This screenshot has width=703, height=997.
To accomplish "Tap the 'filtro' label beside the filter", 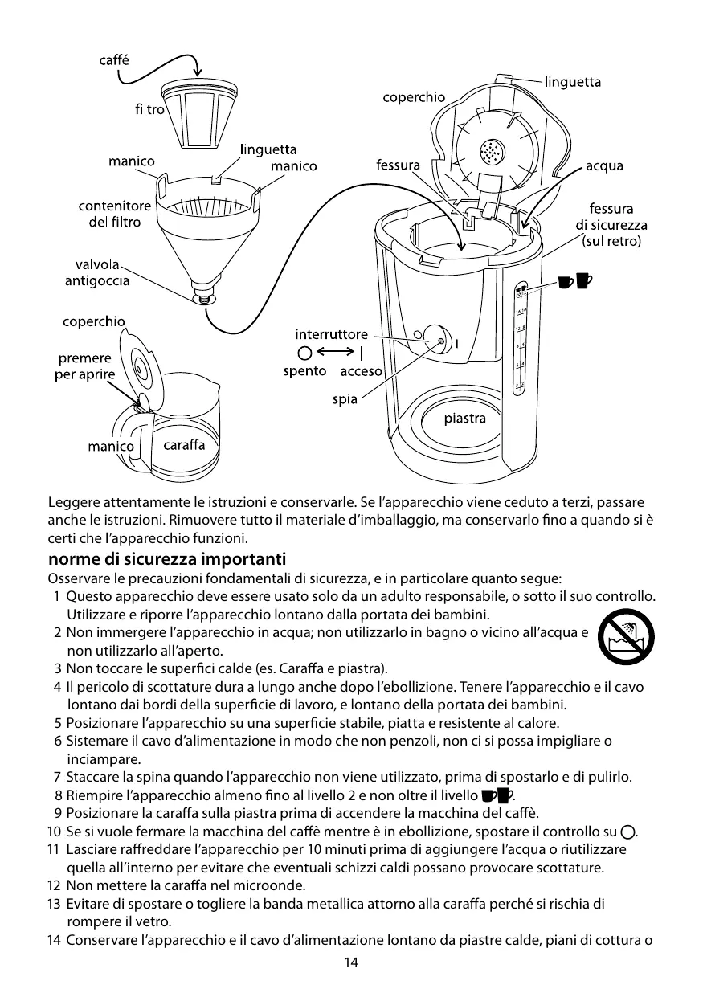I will [149, 109].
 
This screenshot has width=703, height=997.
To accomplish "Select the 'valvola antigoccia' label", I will [96, 272].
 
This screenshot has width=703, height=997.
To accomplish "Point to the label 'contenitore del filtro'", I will [114, 214].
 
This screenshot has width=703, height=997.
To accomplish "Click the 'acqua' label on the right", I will [604, 166].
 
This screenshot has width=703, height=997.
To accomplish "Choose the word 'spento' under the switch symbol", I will [304, 371].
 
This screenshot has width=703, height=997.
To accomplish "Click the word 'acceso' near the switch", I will [361, 372].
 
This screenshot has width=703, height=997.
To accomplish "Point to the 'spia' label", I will [345, 400].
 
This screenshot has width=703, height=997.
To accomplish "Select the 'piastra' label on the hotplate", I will [465, 419].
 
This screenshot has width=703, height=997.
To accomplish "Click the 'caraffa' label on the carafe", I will [184, 444].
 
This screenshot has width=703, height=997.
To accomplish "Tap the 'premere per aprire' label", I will [84, 366].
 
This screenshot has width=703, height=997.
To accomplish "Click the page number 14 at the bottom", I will [351, 962].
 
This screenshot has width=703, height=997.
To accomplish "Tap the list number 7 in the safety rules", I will [57, 777].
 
